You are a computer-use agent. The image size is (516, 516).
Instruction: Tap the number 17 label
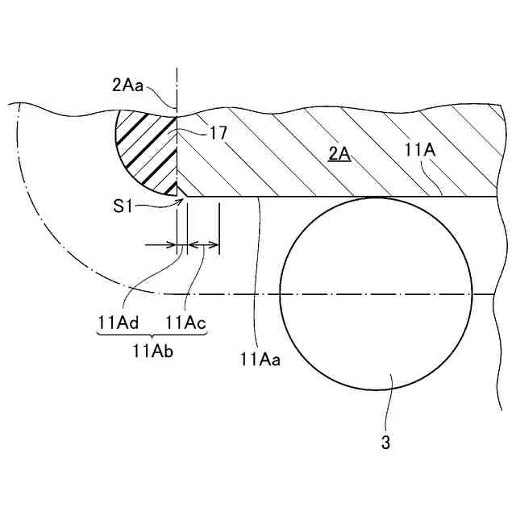pos(216,135)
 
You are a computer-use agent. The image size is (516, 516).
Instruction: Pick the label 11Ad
pos(119,322)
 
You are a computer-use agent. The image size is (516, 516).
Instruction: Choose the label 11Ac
pos(185,322)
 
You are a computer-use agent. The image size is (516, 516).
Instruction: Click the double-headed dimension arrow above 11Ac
pos(202,245)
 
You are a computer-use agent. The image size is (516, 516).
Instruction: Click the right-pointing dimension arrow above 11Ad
pos(161,245)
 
